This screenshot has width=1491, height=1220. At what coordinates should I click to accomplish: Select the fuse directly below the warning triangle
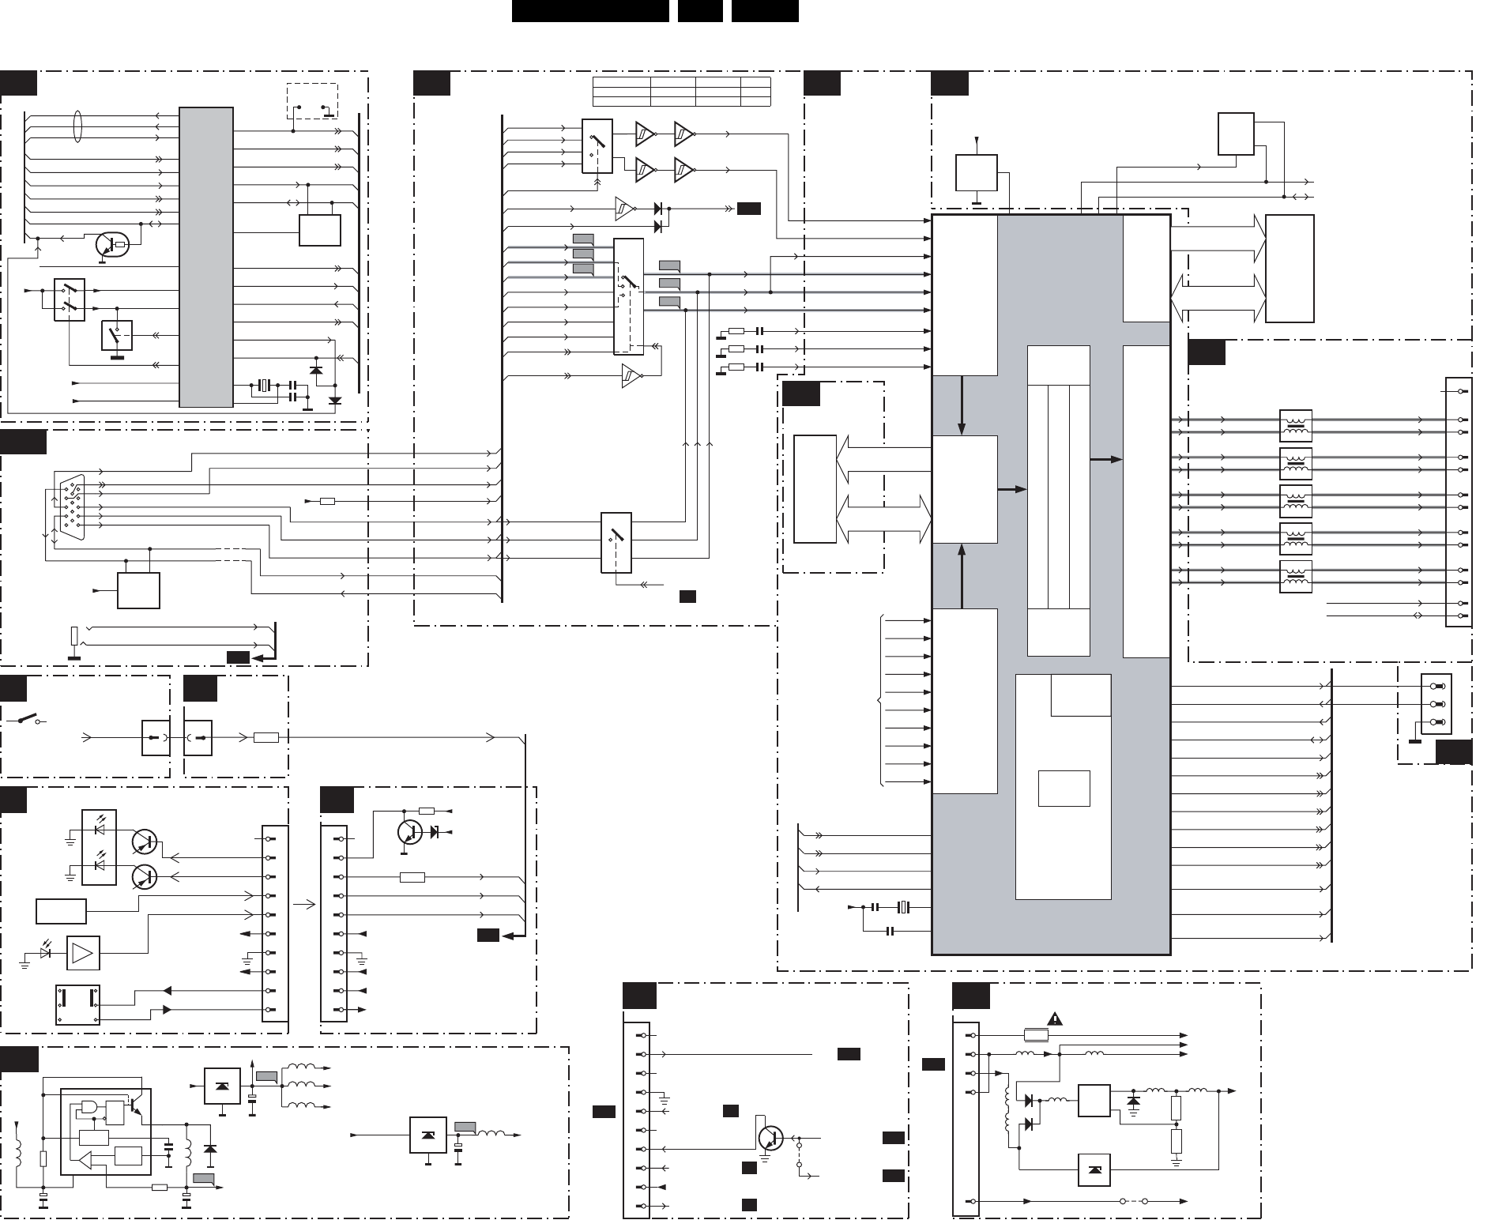point(1035,1035)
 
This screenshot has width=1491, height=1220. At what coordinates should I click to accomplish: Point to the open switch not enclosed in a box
point(28,719)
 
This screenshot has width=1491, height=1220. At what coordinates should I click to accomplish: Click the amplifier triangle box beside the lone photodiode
point(83,952)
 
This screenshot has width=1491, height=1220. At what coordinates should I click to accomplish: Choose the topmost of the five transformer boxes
point(1295,426)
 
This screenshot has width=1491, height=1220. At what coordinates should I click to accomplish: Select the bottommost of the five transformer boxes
point(1295,577)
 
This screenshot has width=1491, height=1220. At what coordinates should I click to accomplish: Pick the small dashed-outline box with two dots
point(311,101)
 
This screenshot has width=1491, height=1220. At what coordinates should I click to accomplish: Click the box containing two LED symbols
point(99,847)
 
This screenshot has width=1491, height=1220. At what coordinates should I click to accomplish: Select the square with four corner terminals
point(77,1003)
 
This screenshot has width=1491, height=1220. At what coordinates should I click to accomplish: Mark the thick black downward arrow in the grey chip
point(962,405)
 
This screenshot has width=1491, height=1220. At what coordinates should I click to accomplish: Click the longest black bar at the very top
point(590,11)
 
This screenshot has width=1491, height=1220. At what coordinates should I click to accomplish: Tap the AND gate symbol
point(88,1106)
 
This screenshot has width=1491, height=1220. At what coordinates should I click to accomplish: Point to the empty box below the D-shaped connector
point(138,590)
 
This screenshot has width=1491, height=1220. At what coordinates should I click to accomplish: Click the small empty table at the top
point(681,92)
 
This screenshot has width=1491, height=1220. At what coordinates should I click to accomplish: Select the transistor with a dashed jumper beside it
point(770,1138)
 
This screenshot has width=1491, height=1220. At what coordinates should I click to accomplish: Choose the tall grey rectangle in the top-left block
point(206,257)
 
